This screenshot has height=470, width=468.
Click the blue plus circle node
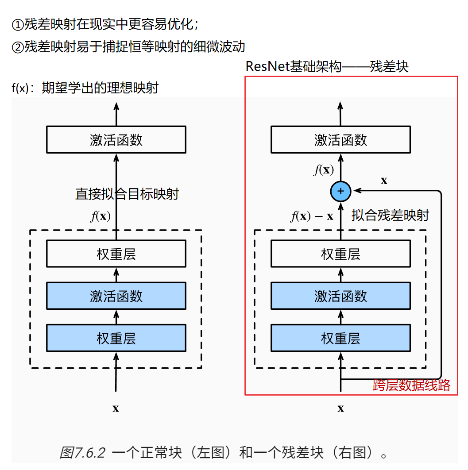click(x=340, y=191)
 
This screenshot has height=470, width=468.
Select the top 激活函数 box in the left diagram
click(x=116, y=140)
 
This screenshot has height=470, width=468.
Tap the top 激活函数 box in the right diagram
click(x=340, y=140)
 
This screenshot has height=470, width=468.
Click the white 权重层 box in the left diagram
click(x=116, y=254)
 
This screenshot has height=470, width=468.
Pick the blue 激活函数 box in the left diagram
click(x=116, y=296)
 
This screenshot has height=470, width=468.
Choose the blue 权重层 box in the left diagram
click(x=116, y=339)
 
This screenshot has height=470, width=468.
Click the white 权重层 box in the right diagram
click(x=340, y=254)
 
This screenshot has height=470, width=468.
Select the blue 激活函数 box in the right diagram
click(x=340, y=296)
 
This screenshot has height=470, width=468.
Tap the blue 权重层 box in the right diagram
click(x=340, y=339)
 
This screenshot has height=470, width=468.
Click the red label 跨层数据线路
click(x=411, y=385)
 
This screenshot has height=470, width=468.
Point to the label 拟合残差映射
click(x=390, y=216)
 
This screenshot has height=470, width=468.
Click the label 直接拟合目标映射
click(x=127, y=194)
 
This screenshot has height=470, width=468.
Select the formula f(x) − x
click(x=312, y=216)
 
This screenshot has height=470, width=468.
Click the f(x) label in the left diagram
click(x=101, y=216)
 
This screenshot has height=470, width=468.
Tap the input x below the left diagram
click(x=116, y=408)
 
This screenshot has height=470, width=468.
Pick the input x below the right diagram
click(x=340, y=408)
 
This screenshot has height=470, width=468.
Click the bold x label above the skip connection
click(x=384, y=180)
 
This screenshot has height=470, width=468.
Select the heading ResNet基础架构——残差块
click(x=327, y=67)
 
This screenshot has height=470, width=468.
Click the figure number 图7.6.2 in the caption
click(x=82, y=453)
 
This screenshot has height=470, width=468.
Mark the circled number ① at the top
click(x=17, y=25)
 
